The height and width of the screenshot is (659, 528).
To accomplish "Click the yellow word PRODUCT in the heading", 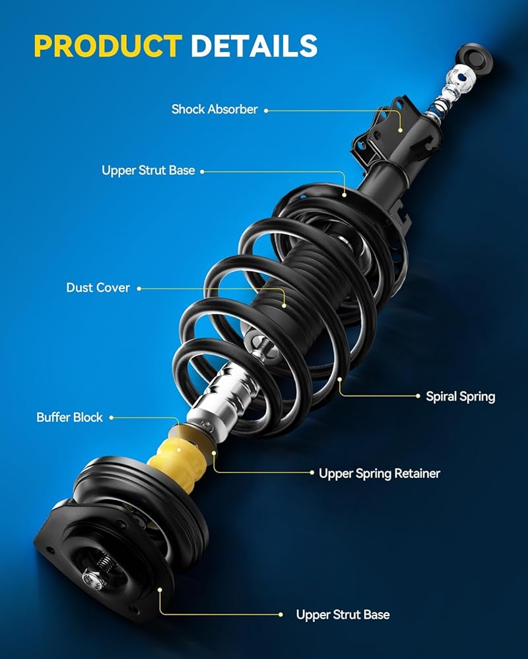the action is [x=108, y=45].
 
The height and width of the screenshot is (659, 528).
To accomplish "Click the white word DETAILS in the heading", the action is [x=254, y=45].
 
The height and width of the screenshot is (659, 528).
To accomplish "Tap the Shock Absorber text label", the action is [x=214, y=109].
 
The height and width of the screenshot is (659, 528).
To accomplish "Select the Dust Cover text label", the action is [x=98, y=287].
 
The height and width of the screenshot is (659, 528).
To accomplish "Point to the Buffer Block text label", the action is [x=69, y=417].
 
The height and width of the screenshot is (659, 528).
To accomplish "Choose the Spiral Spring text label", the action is [x=460, y=397].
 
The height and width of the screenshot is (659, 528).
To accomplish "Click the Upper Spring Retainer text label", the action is [x=379, y=474].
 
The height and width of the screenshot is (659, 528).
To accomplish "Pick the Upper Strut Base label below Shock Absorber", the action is [x=148, y=170].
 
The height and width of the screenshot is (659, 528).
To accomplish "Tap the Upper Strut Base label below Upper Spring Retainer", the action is [x=343, y=615].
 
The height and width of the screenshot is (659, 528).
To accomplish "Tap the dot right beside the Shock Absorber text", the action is [x=266, y=111].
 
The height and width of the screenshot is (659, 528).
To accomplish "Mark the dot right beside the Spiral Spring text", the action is [x=418, y=396].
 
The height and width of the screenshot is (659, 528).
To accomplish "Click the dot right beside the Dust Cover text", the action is [x=139, y=289].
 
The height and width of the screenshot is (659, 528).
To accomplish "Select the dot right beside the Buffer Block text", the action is [x=112, y=418].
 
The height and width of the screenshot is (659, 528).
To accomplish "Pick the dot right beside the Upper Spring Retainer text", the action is [x=312, y=473].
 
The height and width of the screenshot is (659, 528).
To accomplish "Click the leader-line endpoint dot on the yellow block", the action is [x=178, y=450].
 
